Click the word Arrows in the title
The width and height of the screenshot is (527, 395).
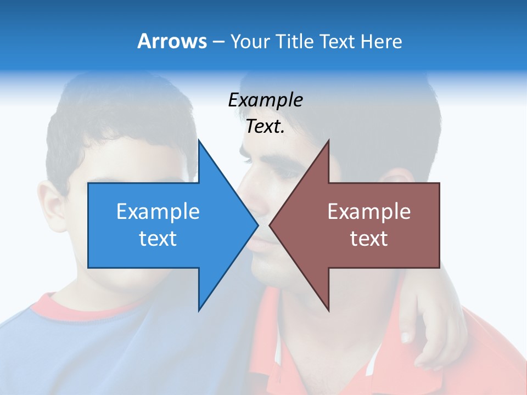172,41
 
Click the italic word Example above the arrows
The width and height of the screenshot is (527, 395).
265,100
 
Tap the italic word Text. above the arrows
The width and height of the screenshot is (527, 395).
265,127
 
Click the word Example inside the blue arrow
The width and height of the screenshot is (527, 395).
158,211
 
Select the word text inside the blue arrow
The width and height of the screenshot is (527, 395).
158,239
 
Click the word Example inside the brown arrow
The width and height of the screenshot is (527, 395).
369,211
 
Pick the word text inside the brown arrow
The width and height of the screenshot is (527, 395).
369,239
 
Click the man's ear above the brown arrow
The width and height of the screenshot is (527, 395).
398,176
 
